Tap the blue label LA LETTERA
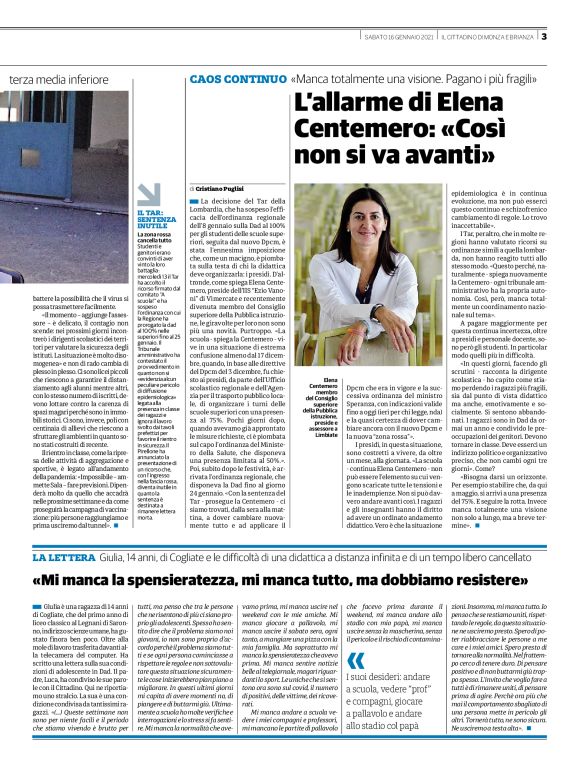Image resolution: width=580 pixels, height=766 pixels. [x=95, y=556]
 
